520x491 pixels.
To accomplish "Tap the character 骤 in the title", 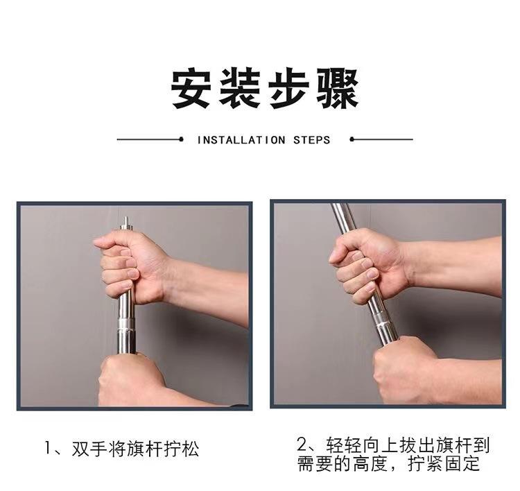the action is pos(338,88).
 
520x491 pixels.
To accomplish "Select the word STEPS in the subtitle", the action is pos(312,140).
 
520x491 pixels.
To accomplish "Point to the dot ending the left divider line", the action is pos(181,139).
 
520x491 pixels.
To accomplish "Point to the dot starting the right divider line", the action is pos(352,139).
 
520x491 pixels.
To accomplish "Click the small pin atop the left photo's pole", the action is pos(125,221).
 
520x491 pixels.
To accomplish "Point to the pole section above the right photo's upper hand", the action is pos(344,217).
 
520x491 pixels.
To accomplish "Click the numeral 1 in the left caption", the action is pos(48,448).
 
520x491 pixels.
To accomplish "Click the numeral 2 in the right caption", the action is pos(302,445).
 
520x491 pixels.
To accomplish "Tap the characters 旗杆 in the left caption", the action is pos(145,449).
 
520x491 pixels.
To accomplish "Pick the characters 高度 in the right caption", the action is pos(370,463).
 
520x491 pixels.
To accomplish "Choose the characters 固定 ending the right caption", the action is pos(462,463).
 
